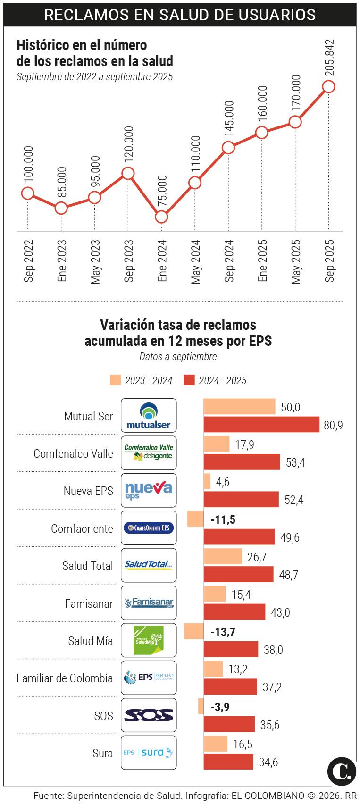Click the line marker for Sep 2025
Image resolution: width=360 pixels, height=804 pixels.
point(328,86)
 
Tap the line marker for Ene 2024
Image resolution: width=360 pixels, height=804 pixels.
point(161,217)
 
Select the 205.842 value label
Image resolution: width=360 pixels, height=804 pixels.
point(329,58)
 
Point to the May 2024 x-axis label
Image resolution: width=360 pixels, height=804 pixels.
point(195,262)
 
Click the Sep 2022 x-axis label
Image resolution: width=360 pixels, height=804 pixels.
point(28,261)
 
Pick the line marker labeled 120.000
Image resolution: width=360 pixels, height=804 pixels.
point(128,173)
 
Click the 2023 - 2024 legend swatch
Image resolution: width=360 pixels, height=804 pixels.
point(115,380)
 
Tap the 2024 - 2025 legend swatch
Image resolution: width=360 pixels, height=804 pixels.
point(189,380)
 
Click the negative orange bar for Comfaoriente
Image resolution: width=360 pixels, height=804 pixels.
point(195,519)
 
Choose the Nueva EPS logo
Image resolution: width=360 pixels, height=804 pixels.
point(149,490)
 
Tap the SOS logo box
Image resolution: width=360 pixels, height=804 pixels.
point(149,715)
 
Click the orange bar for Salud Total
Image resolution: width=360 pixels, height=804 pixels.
point(223,557)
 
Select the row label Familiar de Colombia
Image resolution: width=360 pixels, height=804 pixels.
point(65,678)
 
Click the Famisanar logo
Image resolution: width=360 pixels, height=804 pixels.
point(149,603)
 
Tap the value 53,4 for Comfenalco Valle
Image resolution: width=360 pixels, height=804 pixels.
point(295,462)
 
